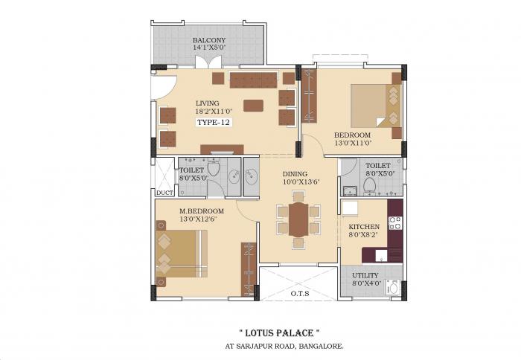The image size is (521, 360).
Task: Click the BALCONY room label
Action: (x=209, y=40)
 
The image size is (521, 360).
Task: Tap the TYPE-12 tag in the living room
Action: (x=214, y=121)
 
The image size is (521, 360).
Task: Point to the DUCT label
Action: (x=164, y=192)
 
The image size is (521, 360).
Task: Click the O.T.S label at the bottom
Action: (x=299, y=293)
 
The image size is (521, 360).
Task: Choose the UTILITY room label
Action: (x=365, y=274)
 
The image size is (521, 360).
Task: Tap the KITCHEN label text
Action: (x=364, y=226)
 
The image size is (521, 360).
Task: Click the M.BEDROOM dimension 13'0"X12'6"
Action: (x=202, y=219)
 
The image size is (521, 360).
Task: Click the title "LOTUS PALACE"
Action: (x=279, y=332)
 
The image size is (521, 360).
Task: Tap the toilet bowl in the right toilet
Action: (x=368, y=184)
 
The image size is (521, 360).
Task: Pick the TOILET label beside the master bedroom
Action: (x=191, y=170)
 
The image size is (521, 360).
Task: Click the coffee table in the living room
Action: (x=253, y=105)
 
